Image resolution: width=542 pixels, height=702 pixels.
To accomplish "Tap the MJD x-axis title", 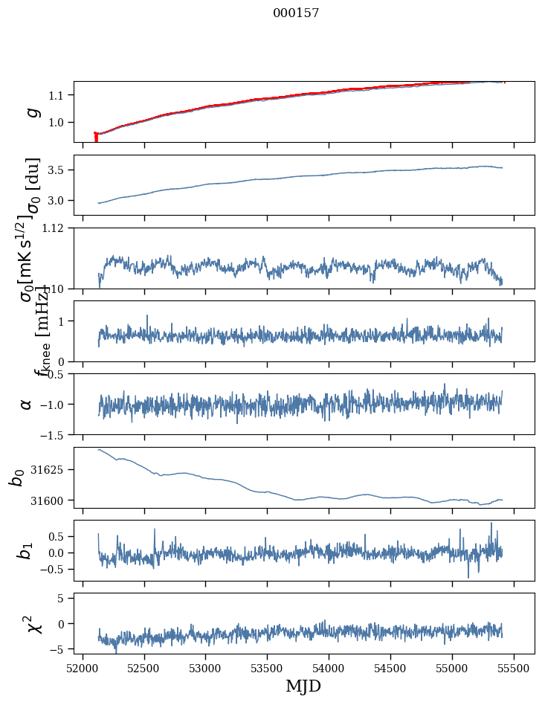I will coord(303,686).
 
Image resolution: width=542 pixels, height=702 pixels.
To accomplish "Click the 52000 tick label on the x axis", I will coord(83,667).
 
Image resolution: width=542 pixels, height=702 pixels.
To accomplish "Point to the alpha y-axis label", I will coord(27,403).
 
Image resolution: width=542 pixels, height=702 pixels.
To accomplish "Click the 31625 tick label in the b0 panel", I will coord(50,470).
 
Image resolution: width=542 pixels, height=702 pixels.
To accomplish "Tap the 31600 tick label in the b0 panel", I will coord(50,500).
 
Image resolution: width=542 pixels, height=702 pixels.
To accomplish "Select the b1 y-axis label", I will coord(26,551).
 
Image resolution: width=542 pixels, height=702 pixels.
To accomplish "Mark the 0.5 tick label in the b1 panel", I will coord(57,536).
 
